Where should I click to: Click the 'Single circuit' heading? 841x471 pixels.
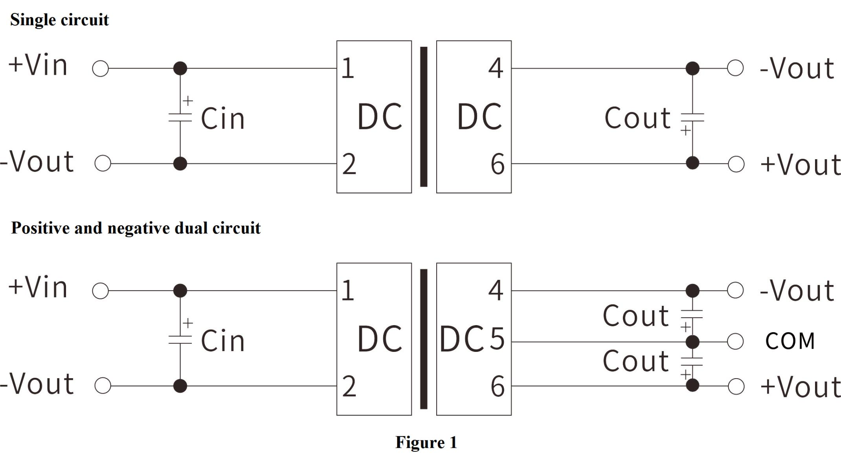pos(59,20)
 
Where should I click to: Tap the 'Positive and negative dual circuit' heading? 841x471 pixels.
pos(136,228)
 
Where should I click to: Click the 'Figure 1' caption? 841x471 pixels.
pos(426,442)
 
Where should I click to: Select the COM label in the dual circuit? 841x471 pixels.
pos(790,341)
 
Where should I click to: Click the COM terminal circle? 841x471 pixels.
pos(735,341)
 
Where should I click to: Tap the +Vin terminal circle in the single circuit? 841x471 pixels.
pos(100,68)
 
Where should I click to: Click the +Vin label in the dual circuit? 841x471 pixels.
pos(38,287)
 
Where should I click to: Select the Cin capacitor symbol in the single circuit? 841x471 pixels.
pos(180,117)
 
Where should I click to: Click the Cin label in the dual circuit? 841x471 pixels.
pos(222,340)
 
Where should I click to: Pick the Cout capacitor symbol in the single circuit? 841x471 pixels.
pos(692,117)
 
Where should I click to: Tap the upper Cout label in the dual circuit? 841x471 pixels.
pos(635,316)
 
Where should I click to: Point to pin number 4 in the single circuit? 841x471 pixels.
pos(496,68)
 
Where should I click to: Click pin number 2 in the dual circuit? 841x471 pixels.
pos(349,386)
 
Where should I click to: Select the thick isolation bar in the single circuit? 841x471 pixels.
pos(424,117)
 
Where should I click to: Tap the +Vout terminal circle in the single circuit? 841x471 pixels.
pos(736,164)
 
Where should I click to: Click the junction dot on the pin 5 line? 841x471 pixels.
pos(692,342)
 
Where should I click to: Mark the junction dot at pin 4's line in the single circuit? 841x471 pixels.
pos(692,68)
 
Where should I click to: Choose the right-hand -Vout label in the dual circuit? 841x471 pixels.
pos(797,291)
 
